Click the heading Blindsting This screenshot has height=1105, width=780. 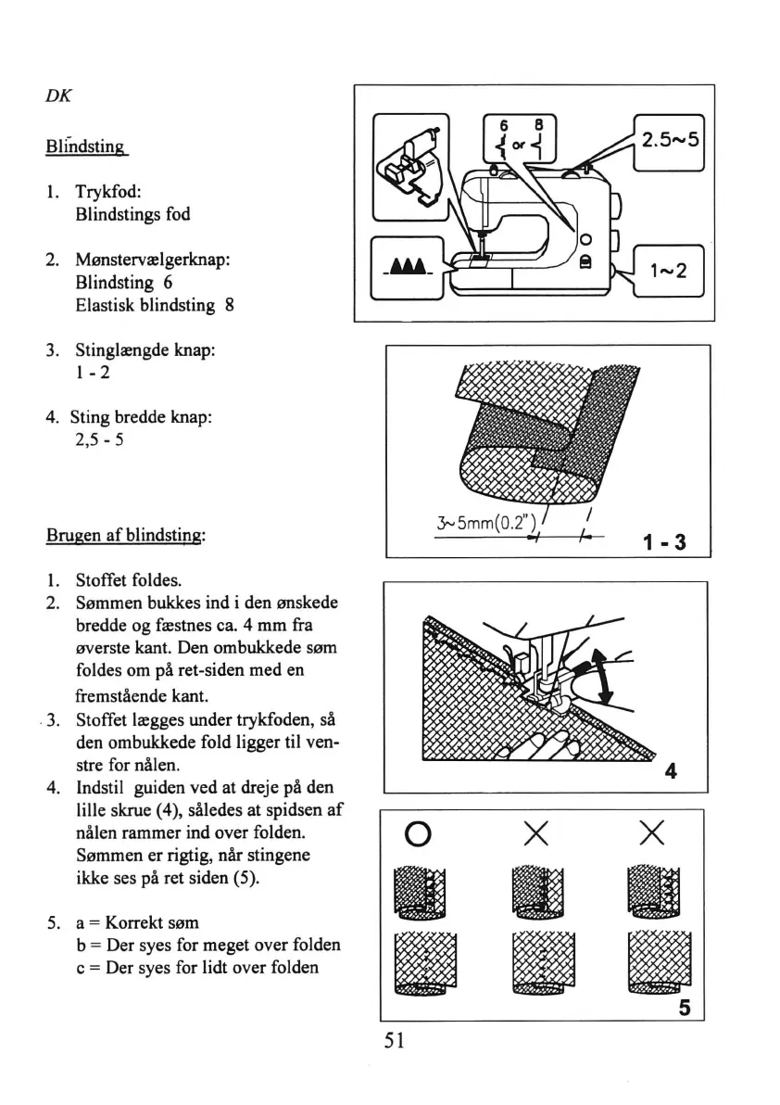click(84, 146)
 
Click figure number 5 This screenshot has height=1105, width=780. click(684, 1006)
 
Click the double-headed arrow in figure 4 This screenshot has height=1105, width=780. click(602, 676)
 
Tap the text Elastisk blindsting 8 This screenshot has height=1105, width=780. click(152, 304)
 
